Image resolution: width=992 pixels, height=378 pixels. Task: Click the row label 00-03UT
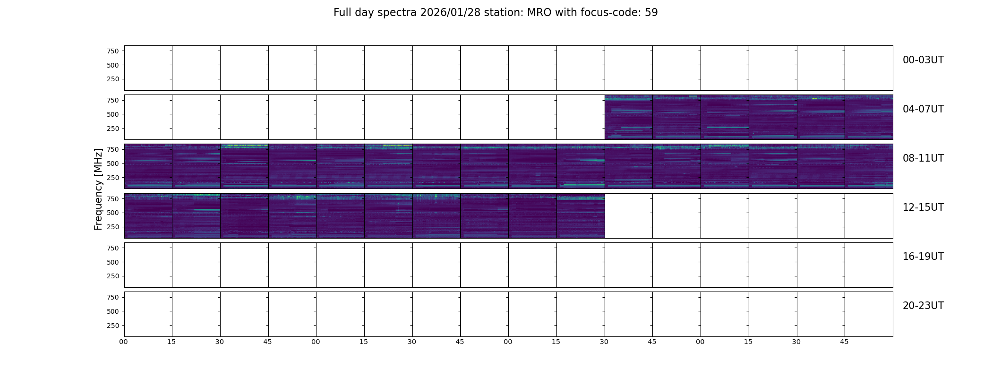click(923, 60)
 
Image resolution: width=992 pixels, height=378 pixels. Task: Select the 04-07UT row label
click(923, 109)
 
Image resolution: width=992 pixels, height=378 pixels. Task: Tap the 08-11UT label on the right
click(923, 158)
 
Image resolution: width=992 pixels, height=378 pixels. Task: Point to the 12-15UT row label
click(923, 207)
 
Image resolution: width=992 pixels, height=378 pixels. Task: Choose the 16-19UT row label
click(923, 257)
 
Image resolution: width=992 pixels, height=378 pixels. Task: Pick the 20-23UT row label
click(923, 306)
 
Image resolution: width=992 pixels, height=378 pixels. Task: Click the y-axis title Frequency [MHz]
click(98, 189)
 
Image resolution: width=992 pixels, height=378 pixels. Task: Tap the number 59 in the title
click(651, 12)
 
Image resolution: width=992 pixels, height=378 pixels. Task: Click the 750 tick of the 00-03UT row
click(113, 51)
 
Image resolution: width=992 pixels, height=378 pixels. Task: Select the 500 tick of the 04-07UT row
click(113, 114)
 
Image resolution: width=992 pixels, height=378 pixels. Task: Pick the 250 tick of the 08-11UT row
click(113, 178)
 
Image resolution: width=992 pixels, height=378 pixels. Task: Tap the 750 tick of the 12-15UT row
click(113, 199)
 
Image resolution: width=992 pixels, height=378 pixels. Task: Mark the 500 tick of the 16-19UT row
click(113, 262)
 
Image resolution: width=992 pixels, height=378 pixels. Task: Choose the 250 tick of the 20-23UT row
click(113, 326)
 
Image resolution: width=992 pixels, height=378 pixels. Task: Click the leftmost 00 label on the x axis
click(124, 342)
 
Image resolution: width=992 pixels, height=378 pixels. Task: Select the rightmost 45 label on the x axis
click(844, 342)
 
